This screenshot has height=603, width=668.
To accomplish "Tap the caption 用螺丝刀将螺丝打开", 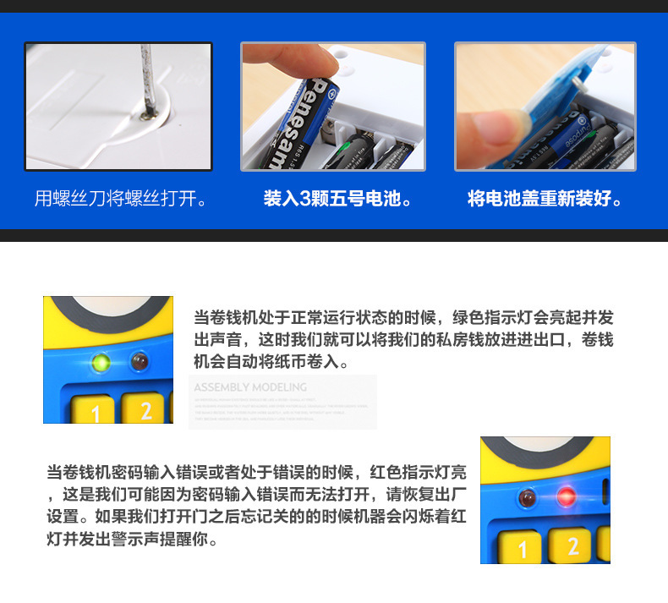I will click(x=120, y=200).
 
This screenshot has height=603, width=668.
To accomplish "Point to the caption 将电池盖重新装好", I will click(x=545, y=200).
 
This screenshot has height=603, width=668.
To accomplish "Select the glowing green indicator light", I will click(x=101, y=364).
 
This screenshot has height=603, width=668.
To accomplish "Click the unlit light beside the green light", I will click(x=140, y=364).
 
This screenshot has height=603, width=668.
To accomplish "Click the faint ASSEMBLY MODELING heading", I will click(x=250, y=387).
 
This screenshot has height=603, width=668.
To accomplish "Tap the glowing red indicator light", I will click(x=566, y=496).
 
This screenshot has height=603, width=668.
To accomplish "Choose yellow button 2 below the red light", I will click(x=572, y=545).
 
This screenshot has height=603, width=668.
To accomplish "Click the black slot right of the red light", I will click(x=603, y=495).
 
